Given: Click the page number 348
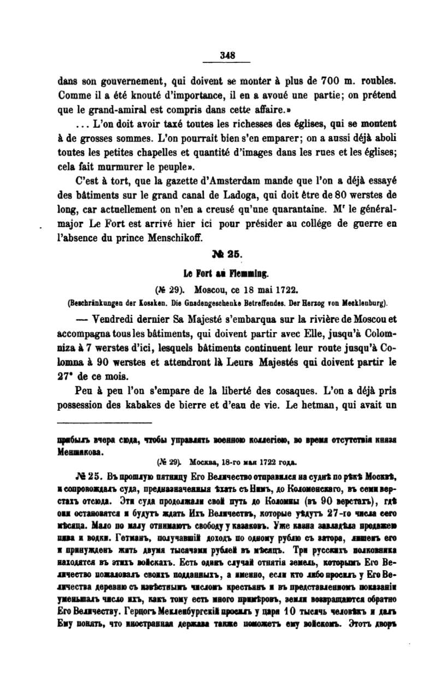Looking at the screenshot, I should (226, 55).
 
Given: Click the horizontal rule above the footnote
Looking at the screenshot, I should (104, 422).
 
